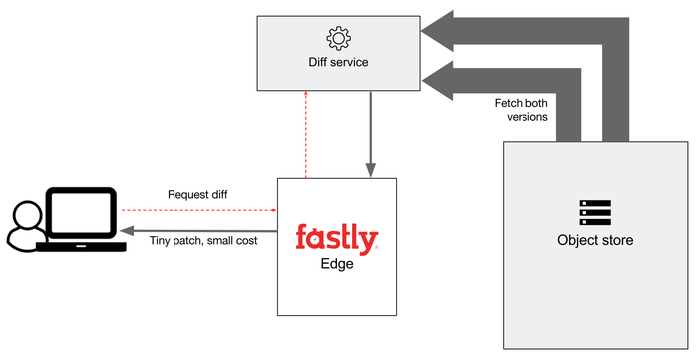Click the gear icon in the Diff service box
pos(338,39)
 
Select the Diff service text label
pos(338,63)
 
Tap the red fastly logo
pos(336,239)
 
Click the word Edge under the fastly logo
pos(336,266)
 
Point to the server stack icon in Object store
pos(594,213)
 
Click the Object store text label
pos(594,240)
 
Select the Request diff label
pos(197,194)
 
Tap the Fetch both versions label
pos(521,109)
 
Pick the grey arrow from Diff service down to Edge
pos(370,135)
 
